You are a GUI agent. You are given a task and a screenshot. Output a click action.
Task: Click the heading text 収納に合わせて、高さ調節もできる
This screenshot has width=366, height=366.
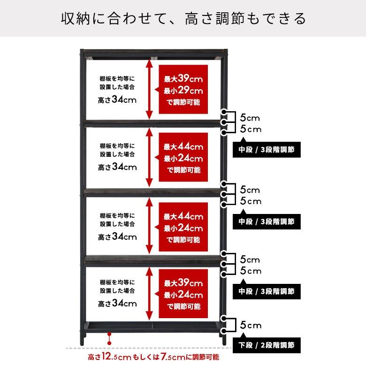(183, 18)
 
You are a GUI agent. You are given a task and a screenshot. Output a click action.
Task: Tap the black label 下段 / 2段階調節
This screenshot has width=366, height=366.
(267, 346)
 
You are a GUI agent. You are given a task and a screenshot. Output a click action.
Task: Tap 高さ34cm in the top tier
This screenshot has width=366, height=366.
(117, 99)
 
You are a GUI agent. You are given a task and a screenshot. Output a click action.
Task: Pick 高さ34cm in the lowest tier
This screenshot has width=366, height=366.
(117, 303)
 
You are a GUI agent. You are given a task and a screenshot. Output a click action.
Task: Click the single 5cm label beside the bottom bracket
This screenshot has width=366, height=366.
(250, 325)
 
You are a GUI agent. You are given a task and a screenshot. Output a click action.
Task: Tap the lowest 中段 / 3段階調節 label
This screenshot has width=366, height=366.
(267, 291)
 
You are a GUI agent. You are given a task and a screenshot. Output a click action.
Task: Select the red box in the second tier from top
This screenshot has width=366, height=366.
(183, 159)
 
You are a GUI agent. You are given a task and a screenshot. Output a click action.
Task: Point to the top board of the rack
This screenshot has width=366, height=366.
(153, 53)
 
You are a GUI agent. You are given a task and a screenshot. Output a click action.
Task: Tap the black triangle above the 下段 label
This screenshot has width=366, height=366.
(243, 334)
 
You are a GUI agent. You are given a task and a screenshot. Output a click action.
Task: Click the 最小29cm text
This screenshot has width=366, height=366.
(183, 91)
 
